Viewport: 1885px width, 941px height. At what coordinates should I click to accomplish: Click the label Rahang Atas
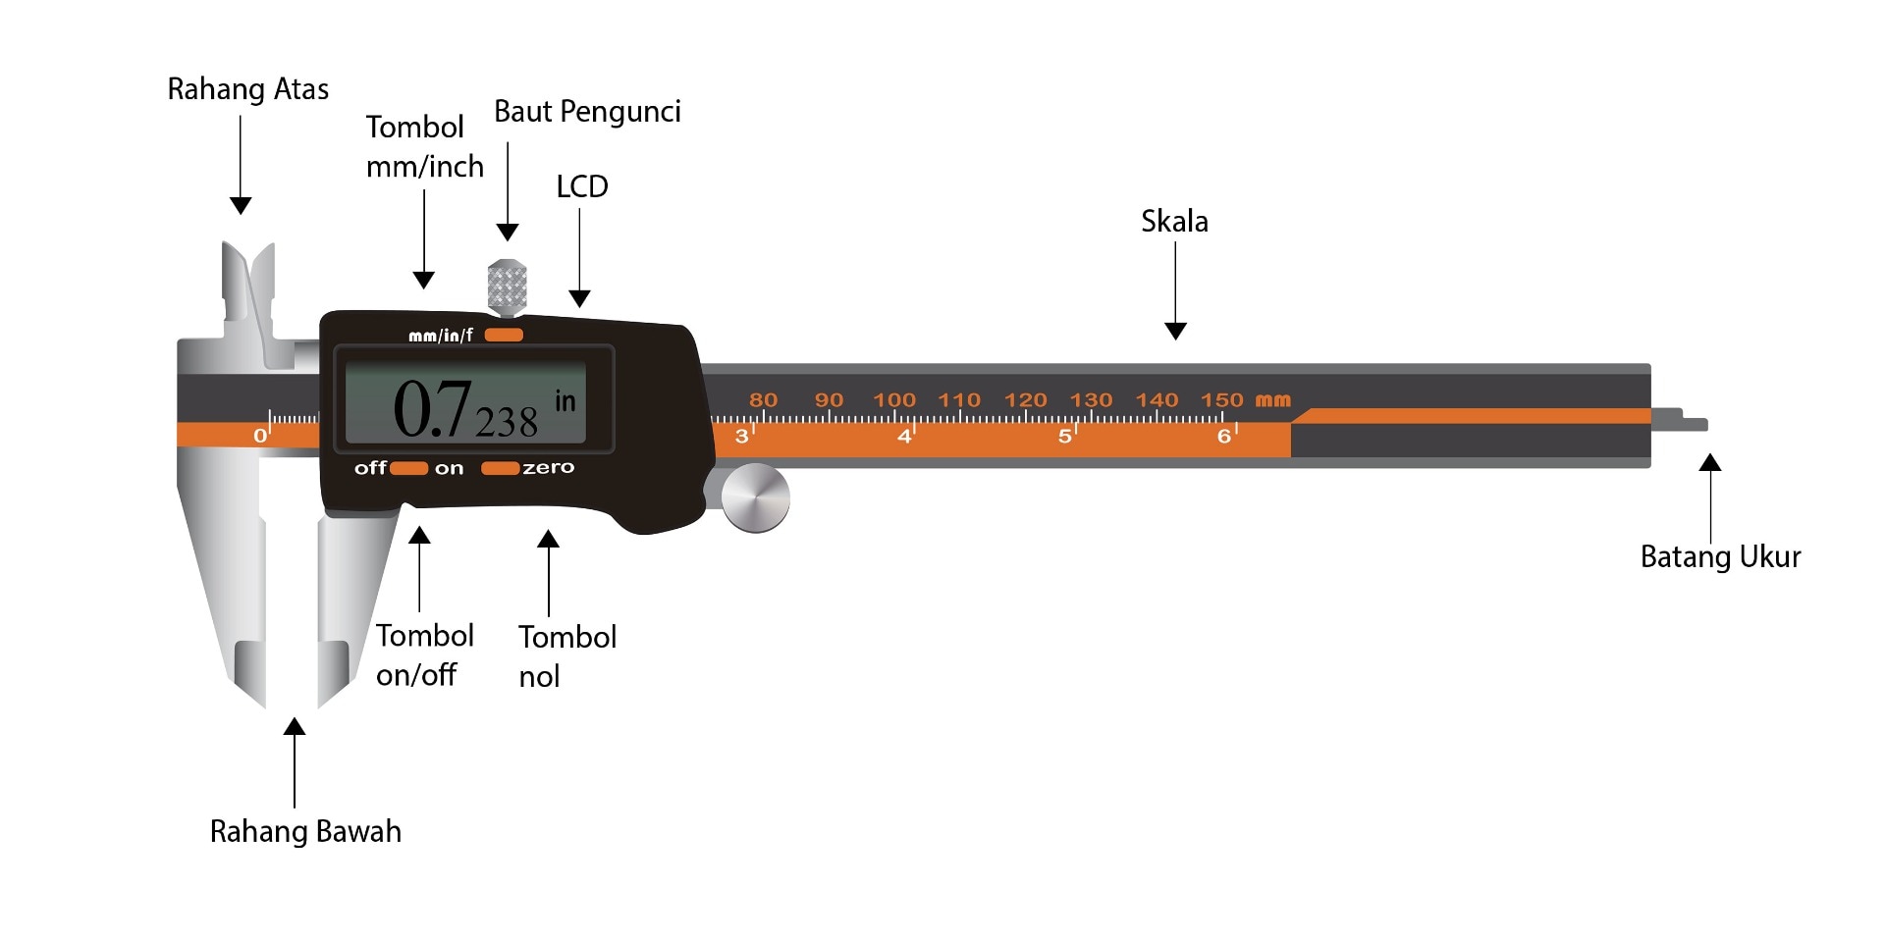coord(247,89)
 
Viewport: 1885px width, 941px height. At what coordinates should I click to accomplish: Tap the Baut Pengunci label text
coord(587,112)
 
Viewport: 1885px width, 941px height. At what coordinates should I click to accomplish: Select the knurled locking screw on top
coord(507,286)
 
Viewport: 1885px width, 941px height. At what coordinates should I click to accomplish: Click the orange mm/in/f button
coord(504,335)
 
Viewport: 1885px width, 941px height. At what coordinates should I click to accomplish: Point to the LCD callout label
coord(582,186)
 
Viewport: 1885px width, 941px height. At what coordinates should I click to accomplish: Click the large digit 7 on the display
coord(453,408)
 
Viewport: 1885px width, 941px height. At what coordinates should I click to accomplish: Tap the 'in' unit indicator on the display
coord(565,400)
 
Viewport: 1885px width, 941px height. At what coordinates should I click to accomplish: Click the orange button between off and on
coord(408,468)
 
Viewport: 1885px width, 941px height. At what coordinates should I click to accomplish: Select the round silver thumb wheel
coord(755,498)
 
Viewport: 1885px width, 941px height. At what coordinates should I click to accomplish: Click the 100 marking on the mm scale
coord(893,400)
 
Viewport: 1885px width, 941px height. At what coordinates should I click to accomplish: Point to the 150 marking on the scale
coord(1221,400)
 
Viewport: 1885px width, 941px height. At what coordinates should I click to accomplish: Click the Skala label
coord(1174,222)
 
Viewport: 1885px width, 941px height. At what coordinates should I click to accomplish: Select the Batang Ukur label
coord(1720,557)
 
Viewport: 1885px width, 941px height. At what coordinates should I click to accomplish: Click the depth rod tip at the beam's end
coord(1695,425)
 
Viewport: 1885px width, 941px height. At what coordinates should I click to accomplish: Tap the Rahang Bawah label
coord(305,832)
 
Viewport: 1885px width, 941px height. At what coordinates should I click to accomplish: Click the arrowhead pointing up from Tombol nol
coord(548,539)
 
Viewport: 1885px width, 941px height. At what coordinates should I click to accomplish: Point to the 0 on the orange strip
coord(259,436)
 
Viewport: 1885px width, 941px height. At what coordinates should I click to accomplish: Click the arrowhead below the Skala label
coord(1175,331)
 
